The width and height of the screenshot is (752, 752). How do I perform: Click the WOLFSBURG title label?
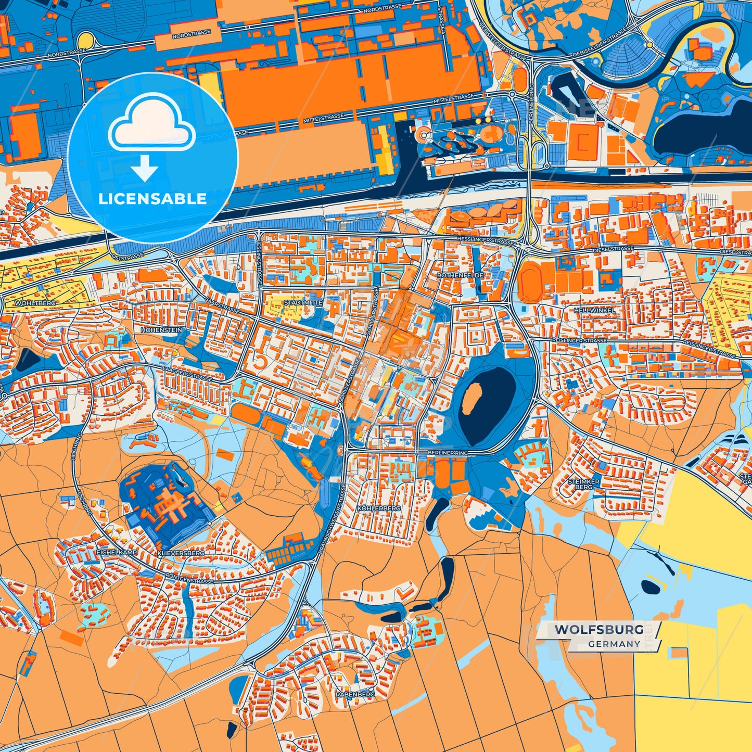point(598,630)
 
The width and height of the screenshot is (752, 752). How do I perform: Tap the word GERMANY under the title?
point(614,644)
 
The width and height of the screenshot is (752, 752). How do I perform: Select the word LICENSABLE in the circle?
point(152,199)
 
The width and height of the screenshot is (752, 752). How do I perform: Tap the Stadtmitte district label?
point(303,302)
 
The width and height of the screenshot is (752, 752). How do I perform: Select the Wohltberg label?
point(35,302)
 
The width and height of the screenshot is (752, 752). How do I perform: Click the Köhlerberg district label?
point(379,507)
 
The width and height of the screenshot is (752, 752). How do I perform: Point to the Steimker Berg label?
point(583,485)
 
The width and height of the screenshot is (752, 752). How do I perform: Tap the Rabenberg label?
point(355,694)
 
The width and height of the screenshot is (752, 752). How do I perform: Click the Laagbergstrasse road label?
point(187,373)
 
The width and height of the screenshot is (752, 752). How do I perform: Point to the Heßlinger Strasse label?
point(485,240)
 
